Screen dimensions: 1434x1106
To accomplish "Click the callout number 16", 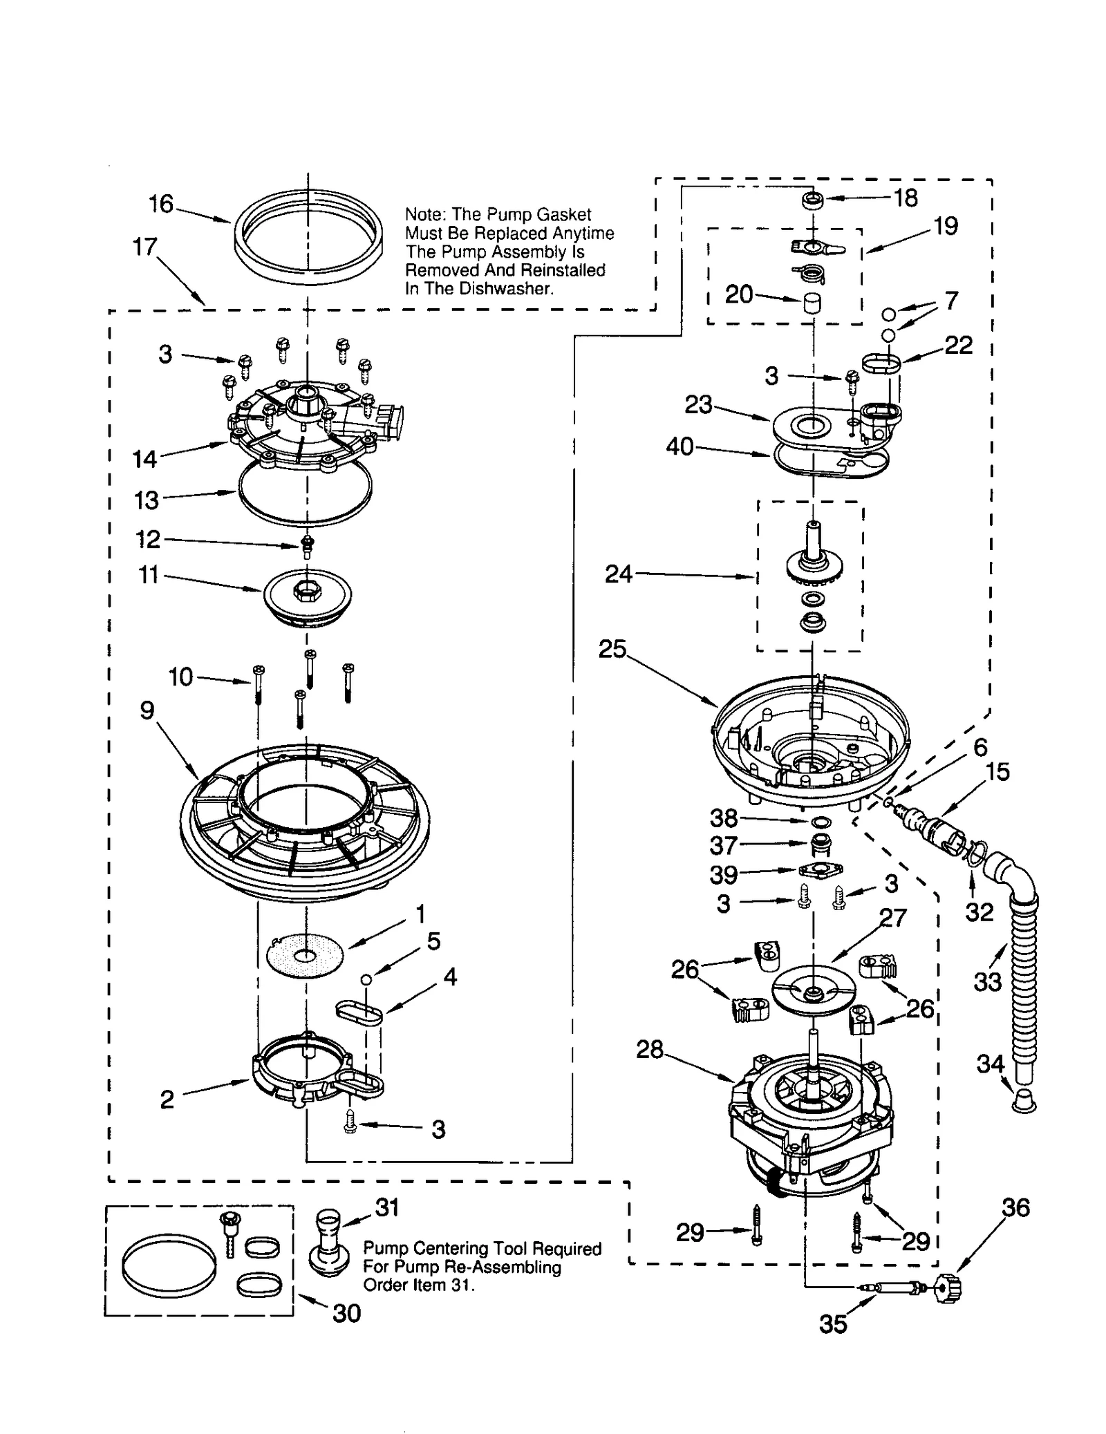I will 161,204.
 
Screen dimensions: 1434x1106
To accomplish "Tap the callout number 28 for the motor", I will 649,1049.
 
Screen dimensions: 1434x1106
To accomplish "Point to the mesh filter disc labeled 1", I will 305,956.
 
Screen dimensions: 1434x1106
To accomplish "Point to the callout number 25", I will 612,649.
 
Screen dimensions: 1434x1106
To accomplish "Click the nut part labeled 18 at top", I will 812,200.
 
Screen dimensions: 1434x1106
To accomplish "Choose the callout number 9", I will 147,710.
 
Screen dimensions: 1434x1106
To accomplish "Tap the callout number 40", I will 679,446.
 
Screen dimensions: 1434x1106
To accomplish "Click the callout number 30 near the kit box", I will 346,1313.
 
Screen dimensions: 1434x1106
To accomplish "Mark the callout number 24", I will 619,574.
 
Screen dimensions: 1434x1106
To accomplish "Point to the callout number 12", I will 149,539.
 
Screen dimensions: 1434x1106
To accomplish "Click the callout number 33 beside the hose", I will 987,981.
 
